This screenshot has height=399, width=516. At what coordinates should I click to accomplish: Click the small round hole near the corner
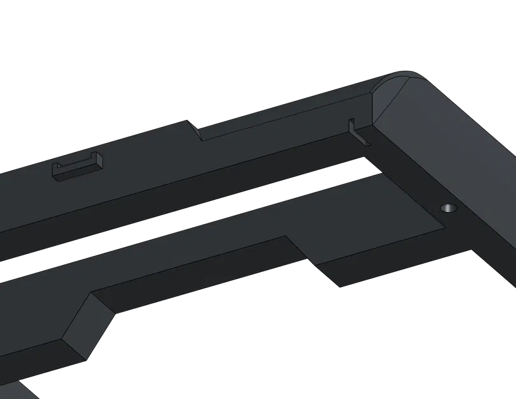[x=449, y=208]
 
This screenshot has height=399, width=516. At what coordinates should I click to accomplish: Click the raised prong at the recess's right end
[x=98, y=161]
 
